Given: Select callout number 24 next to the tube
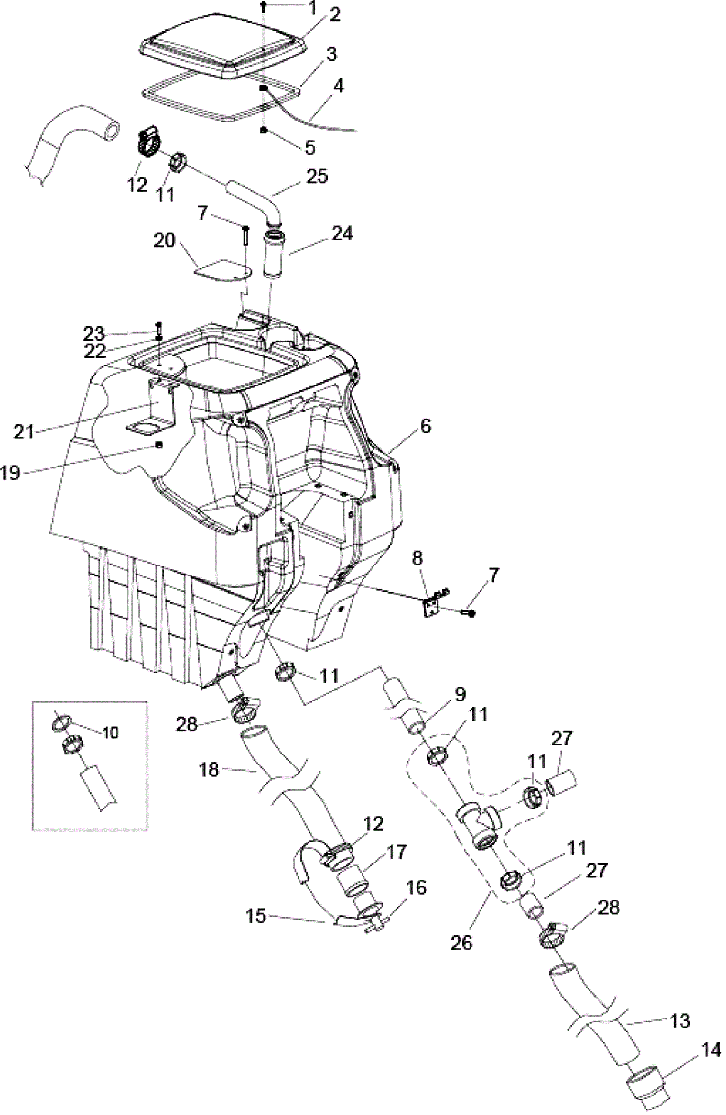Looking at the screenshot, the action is click(342, 233).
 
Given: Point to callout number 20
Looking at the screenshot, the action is click(164, 240).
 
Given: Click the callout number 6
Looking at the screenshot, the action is click(426, 426).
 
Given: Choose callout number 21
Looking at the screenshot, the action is click(24, 431).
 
